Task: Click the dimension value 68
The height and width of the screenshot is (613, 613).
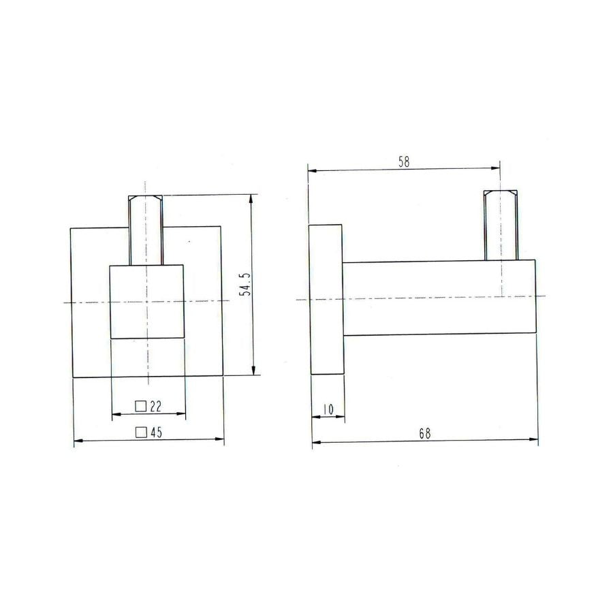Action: point(426,433)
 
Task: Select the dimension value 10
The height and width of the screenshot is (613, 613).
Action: point(328,409)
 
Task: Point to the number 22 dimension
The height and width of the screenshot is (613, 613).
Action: point(155,406)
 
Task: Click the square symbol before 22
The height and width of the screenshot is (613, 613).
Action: point(141,406)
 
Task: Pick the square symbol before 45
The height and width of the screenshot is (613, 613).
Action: point(141,432)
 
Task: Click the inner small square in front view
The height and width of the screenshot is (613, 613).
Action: point(147,301)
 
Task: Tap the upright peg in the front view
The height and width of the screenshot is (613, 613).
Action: point(146,228)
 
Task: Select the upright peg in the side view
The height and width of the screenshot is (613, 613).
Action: point(501,225)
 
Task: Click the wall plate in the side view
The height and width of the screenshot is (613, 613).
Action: point(326,299)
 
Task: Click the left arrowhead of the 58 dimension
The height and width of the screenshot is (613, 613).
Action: point(312,170)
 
